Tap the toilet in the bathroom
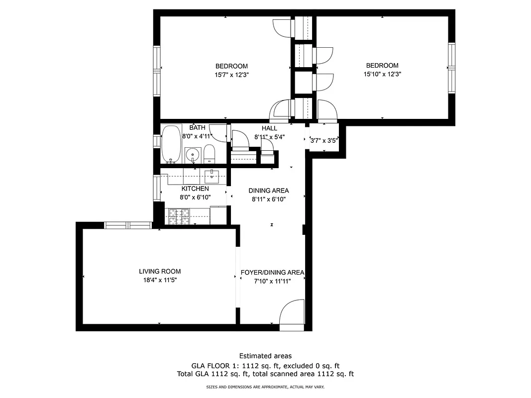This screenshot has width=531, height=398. (210, 154)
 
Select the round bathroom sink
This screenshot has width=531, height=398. (192, 155)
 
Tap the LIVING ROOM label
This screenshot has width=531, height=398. (160, 272)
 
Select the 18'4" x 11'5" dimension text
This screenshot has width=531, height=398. (160, 280)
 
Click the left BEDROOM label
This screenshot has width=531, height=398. (231, 66)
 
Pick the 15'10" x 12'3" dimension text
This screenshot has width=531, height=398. (382, 74)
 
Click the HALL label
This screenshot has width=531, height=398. (269, 128)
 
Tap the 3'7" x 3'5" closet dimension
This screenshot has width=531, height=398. (324, 140)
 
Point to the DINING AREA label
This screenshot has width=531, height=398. (269, 191)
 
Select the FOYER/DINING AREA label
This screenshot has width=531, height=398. (272, 273)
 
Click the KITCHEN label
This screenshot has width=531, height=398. (195, 189)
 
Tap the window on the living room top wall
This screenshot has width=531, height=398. (128, 225)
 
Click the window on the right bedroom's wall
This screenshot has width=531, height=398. (451, 68)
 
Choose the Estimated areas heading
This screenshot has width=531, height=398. (265, 356)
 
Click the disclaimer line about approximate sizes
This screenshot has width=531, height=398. (265, 387)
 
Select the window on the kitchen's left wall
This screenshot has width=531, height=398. (157, 188)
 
